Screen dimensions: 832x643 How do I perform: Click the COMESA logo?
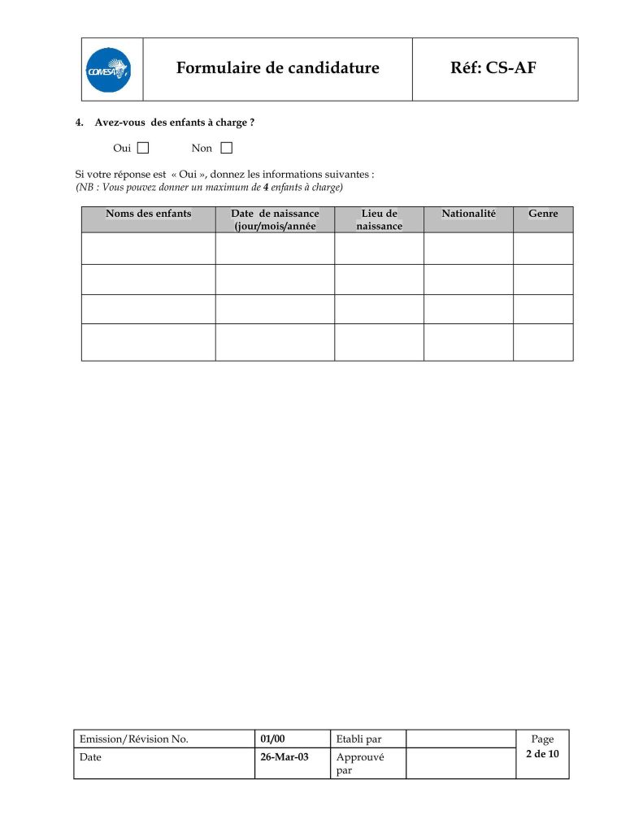[109, 70]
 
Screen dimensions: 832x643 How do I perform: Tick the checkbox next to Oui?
[143, 148]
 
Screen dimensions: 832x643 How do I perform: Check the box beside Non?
[226, 148]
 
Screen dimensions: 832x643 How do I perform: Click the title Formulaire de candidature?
[277, 68]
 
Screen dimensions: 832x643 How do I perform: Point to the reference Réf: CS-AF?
[493, 68]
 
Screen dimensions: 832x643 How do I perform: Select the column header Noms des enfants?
[148, 214]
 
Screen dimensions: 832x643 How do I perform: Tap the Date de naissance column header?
[274, 219]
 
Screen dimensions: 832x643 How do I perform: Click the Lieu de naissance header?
[379, 219]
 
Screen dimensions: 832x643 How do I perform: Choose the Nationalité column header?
[468, 214]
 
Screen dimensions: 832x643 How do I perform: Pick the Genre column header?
[543, 214]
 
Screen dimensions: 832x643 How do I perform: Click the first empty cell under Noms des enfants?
[148, 248]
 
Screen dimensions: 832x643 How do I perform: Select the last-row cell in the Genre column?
[543, 342]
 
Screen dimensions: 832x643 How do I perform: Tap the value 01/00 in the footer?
[272, 739]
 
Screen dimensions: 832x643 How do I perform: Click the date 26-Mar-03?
[284, 756]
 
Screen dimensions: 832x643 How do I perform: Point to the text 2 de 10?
[542, 754]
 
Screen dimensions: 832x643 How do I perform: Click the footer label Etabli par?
[358, 739]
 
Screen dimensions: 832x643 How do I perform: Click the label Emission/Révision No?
[134, 739]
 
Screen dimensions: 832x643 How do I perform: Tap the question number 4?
[80, 123]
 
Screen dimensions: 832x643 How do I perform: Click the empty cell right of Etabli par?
[460, 739]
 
